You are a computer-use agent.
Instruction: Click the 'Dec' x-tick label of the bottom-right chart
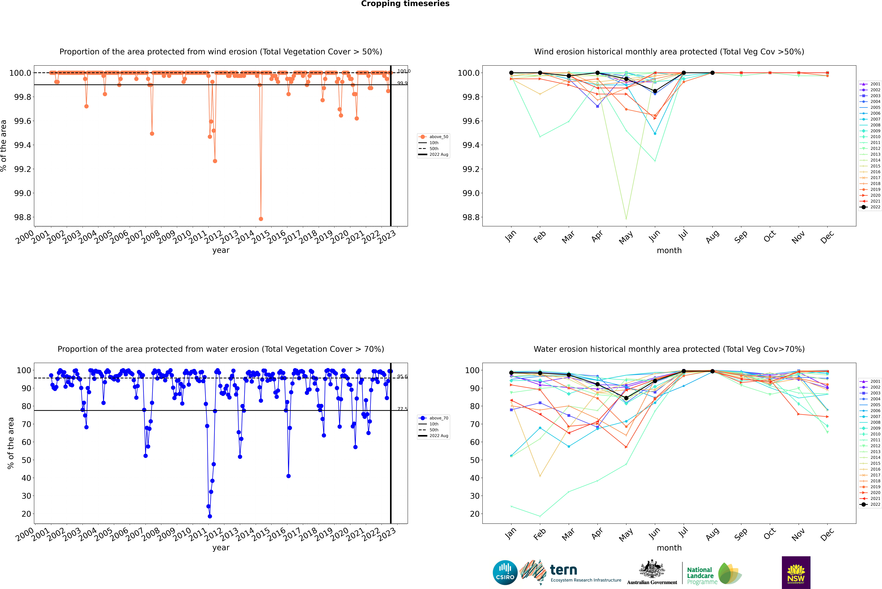click(x=827, y=534)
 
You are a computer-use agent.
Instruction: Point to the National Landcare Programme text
click(x=700, y=575)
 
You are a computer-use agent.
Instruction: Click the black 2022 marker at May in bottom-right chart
click(x=626, y=398)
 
